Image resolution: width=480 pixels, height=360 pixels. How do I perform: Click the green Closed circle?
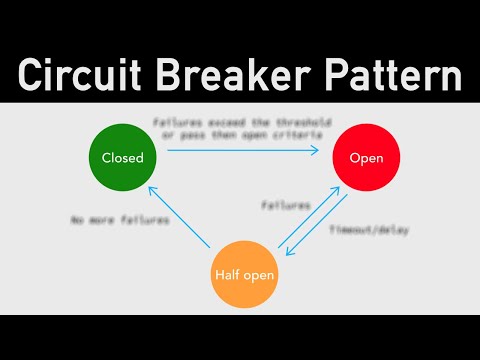(x=123, y=157)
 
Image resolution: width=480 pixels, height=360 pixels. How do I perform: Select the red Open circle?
(x=359, y=158)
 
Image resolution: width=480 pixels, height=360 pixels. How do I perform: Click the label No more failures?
(x=106, y=219)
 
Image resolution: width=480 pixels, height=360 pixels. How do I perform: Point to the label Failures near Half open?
(x=285, y=205)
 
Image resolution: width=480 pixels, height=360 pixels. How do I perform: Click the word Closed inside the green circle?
(x=123, y=157)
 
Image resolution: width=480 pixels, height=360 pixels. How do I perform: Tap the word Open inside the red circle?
(x=359, y=158)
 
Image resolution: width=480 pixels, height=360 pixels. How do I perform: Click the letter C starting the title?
(x=32, y=75)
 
